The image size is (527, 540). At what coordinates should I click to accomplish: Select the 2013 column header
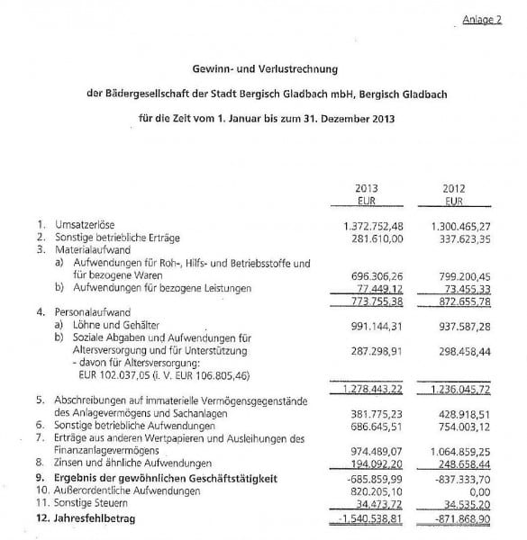coord(366,189)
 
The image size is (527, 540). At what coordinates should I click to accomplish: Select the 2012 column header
coord(452,189)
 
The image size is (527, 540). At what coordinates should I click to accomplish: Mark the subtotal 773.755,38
coord(375,301)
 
